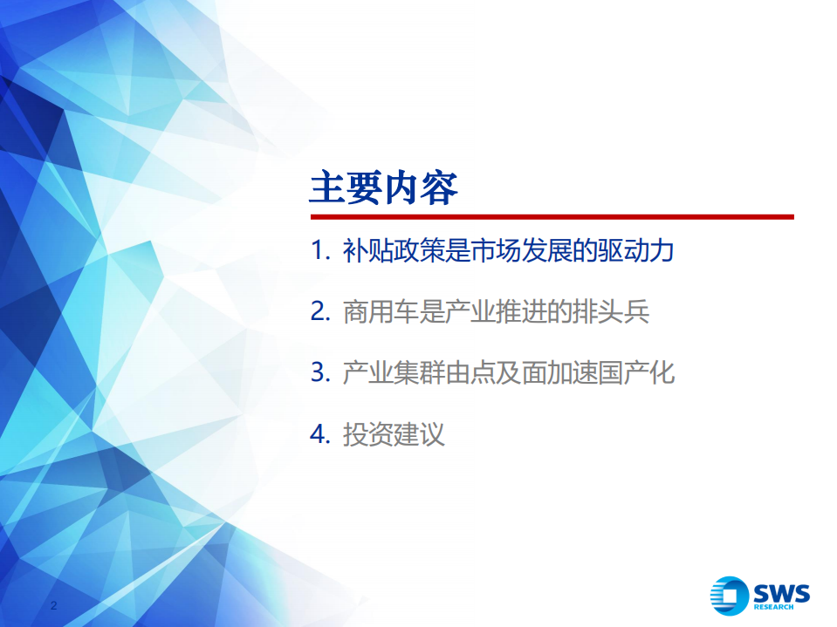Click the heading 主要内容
[x=384, y=188]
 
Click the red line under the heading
[x=552, y=217]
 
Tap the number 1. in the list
[x=320, y=250]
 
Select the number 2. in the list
[x=320, y=311]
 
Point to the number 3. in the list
[x=320, y=372]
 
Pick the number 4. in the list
[x=320, y=434]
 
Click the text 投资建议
[x=394, y=434]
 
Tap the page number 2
[x=53, y=605]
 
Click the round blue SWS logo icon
[x=729, y=596]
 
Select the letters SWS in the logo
[x=781, y=593]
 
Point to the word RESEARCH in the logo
[x=773, y=607]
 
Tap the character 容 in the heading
[x=440, y=188]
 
